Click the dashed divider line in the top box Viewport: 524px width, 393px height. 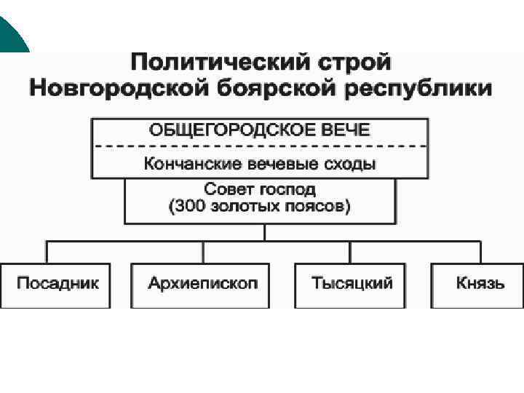[259, 146]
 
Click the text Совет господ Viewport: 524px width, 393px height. [259, 189]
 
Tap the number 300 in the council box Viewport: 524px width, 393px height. [190, 206]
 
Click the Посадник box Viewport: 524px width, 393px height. [55, 284]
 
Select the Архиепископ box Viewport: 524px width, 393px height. [203, 284]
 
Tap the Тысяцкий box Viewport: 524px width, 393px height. [351, 284]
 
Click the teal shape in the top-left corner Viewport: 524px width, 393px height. [10, 33]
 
